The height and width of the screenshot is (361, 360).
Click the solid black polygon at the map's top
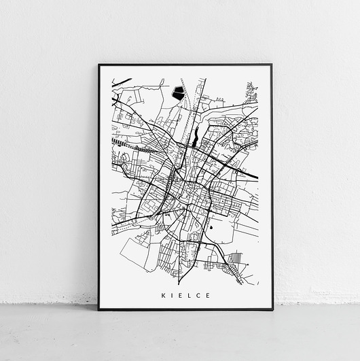tap(179, 93)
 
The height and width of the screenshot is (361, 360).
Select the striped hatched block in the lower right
tap(235, 258)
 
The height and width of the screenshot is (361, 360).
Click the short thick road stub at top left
tap(123, 82)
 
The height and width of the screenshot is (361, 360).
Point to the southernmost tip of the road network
tap(179, 283)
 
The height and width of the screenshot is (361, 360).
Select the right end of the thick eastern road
tap(256, 178)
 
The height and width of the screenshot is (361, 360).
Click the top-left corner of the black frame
tap(99, 65)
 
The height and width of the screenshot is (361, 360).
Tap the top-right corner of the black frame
tap(272, 65)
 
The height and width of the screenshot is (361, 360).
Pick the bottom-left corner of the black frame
tap(99, 309)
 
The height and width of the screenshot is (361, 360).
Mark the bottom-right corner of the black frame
tap(272, 309)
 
